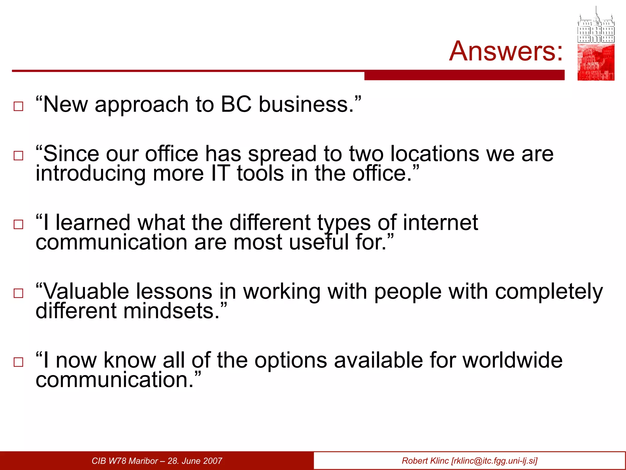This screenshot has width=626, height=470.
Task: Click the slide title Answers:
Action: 506,51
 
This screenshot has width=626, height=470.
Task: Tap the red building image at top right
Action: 596,62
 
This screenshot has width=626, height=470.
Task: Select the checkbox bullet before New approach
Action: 18,106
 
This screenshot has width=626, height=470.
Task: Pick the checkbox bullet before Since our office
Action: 18,156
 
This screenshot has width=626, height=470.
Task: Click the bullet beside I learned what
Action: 18,225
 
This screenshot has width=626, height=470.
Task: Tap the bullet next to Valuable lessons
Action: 18,293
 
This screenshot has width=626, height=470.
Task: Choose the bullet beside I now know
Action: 18,362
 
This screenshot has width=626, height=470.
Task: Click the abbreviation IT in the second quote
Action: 220,173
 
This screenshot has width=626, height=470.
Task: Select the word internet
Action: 440,222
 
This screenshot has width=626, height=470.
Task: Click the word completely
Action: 549,292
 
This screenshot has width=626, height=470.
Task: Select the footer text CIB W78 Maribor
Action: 125,461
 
